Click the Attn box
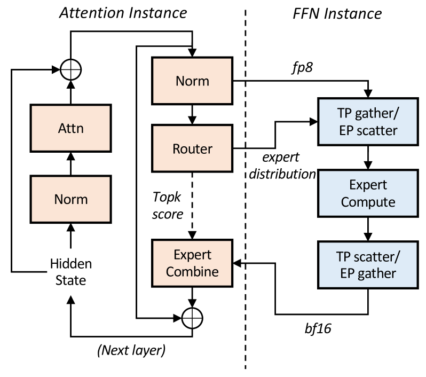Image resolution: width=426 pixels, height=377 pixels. point(70,128)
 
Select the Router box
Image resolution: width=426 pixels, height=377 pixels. point(192,148)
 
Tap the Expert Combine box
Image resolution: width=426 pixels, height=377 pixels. point(192,263)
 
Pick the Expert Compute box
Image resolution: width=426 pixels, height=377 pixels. point(368,193)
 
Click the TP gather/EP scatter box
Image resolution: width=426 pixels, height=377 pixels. point(368,122)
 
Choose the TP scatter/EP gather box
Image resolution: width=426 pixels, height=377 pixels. point(368,265)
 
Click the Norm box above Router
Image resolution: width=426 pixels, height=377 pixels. point(192,81)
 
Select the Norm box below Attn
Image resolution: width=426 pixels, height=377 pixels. point(70,199)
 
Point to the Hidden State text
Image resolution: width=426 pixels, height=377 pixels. point(71,272)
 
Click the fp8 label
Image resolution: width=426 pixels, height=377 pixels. point(302,67)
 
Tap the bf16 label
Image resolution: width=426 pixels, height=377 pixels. point(318,328)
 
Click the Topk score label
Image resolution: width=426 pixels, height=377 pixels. point(168,206)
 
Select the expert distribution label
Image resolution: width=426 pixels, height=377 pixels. point(282,166)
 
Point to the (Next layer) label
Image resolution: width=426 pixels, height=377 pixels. point(131,350)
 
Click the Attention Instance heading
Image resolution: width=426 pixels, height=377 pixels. point(123,13)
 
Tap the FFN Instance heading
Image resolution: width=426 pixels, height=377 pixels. point(337,13)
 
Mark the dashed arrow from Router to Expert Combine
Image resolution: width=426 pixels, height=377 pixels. point(192,206)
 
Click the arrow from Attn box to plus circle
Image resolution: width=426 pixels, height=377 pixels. point(70,92)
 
